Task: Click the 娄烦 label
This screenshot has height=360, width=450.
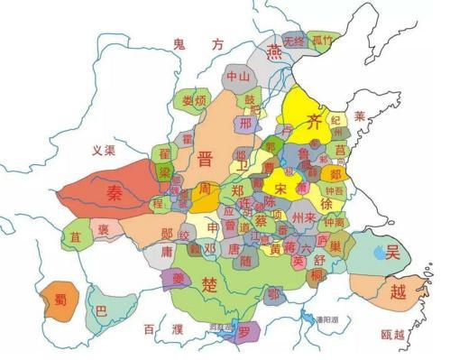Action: [x=194, y=99]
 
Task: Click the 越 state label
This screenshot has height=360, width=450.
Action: [x=399, y=291]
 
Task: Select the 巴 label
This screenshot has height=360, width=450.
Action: [x=101, y=310]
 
